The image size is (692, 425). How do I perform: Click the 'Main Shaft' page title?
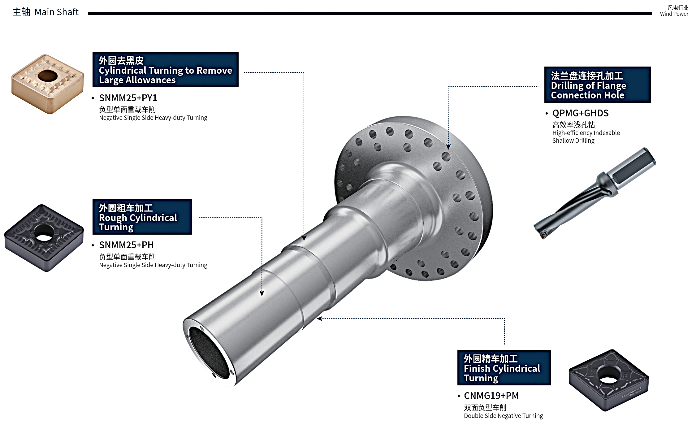[56, 12]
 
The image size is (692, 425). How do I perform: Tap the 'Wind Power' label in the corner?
[674, 14]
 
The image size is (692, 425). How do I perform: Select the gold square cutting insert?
[47, 84]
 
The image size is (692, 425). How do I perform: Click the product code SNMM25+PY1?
[128, 98]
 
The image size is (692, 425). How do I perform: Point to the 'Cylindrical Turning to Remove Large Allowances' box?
[166, 70]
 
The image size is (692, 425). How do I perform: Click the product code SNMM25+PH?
[126, 245]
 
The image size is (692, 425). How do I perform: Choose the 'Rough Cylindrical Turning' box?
[142, 217]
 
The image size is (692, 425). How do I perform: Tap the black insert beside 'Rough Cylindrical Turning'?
[44, 238]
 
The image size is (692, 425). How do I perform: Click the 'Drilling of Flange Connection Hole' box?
[597, 85]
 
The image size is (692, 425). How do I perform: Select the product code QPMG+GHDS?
[580, 113]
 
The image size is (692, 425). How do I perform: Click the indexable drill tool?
[594, 193]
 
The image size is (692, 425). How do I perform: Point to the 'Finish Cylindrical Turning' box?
[504, 368]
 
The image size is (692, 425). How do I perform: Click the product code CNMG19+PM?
[491, 396]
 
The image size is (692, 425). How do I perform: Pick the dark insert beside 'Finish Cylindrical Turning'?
[609, 380]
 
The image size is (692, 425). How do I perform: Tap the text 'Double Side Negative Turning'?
[503, 416]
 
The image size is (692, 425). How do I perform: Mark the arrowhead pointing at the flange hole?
[448, 147]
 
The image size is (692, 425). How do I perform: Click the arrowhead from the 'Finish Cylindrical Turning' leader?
[319, 319]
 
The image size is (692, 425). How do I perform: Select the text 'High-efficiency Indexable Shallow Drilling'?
[586, 137]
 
